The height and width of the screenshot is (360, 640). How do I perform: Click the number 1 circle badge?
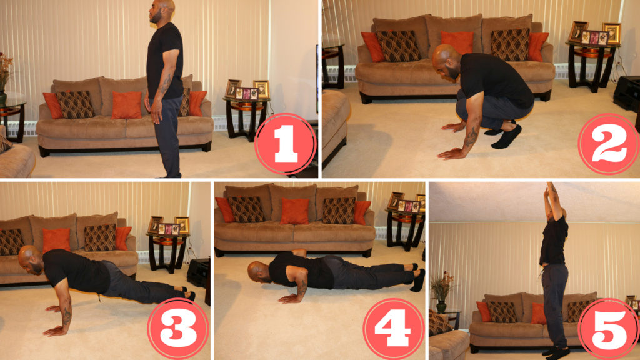point(285,144)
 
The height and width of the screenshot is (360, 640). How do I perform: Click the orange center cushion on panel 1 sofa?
point(127,105)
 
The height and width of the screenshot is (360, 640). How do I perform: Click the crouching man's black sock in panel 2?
point(506,136)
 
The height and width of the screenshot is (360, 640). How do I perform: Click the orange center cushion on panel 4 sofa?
point(294,211)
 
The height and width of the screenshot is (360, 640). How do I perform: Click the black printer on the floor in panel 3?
point(197,272)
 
